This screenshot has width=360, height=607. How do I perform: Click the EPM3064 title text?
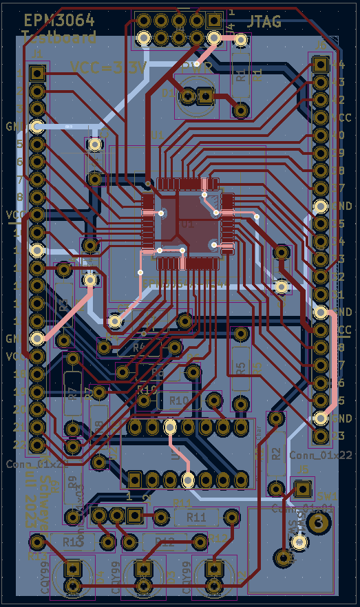59,21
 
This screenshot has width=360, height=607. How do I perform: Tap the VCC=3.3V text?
109,67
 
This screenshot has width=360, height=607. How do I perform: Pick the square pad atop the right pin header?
320,65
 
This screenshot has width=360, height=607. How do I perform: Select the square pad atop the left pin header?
38,72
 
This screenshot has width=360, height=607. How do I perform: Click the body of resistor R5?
240,368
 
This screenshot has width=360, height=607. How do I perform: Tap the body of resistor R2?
276,454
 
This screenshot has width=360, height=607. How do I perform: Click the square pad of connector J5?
301,489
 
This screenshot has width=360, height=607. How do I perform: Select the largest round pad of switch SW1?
317,524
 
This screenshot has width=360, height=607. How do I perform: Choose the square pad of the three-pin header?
134,515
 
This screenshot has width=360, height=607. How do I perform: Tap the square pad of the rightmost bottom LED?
215,569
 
